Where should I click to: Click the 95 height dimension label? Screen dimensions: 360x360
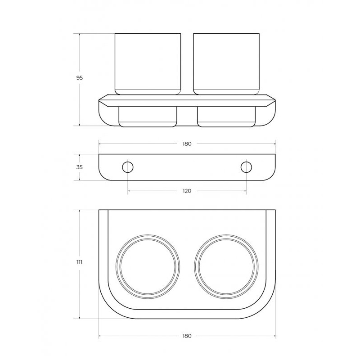coord(80,78)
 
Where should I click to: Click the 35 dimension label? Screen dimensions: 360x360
coord(80,167)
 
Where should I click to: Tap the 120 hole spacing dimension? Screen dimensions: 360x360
coord(187,191)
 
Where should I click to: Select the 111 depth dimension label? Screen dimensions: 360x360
coord(79,262)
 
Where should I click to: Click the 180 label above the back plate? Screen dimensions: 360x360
coord(187,144)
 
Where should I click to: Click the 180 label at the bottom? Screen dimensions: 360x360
coord(187,336)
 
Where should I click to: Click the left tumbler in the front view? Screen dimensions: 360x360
coord(148,64)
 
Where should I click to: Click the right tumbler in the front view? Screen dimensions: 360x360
coord(226,64)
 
